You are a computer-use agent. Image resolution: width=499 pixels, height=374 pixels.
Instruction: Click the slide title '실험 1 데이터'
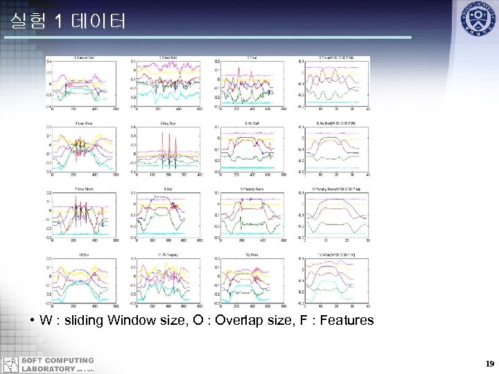[68, 22]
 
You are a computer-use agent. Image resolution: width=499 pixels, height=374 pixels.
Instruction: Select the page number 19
[489, 363]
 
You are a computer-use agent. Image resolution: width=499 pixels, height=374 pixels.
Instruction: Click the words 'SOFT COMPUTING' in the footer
[58, 360]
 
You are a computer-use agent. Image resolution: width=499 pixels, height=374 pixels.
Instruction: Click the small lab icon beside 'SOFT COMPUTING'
[10, 364]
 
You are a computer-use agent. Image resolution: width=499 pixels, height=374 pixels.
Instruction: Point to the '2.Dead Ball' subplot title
[169, 57]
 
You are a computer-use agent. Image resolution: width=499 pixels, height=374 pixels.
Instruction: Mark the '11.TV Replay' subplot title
[169, 255]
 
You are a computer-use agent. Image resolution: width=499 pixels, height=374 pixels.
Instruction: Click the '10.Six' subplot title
[85, 255]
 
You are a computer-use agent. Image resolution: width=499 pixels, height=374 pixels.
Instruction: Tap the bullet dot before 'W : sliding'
[33, 321]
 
